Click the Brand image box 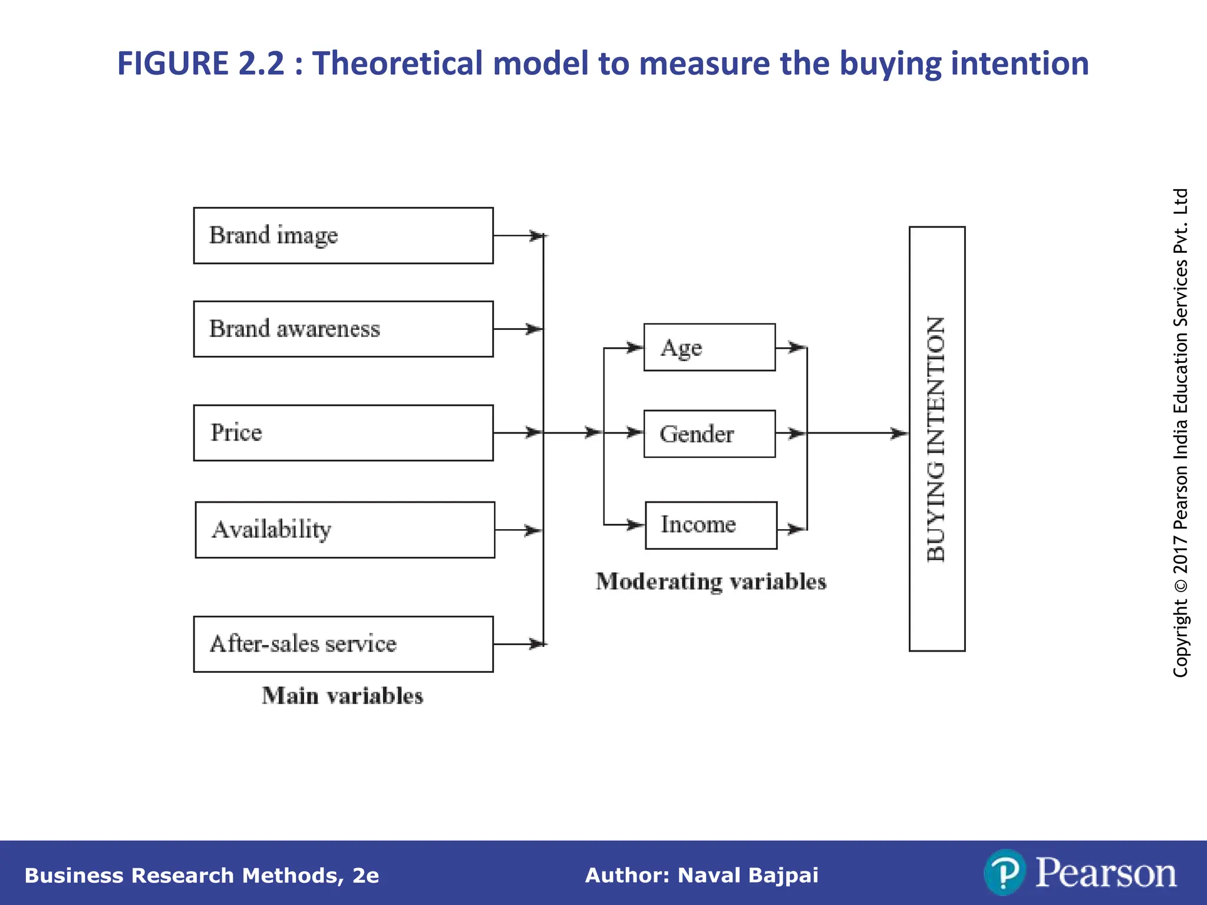click(x=343, y=236)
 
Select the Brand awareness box click(x=343, y=329)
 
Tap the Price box click(x=343, y=432)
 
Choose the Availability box click(x=345, y=530)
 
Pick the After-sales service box click(x=343, y=644)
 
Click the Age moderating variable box click(x=709, y=347)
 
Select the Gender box click(x=709, y=434)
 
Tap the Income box click(x=711, y=525)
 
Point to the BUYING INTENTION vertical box click(x=936, y=439)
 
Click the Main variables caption click(x=342, y=696)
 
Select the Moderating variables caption click(x=711, y=582)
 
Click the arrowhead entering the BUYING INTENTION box click(x=900, y=434)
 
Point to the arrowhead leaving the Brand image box click(x=537, y=236)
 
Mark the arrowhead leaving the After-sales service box click(x=537, y=644)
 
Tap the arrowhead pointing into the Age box click(x=635, y=348)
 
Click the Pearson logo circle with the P click(x=1004, y=872)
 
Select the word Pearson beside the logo click(x=1106, y=873)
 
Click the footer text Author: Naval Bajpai click(x=701, y=876)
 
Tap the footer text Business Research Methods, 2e click(x=202, y=876)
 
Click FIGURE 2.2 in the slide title click(x=200, y=63)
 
